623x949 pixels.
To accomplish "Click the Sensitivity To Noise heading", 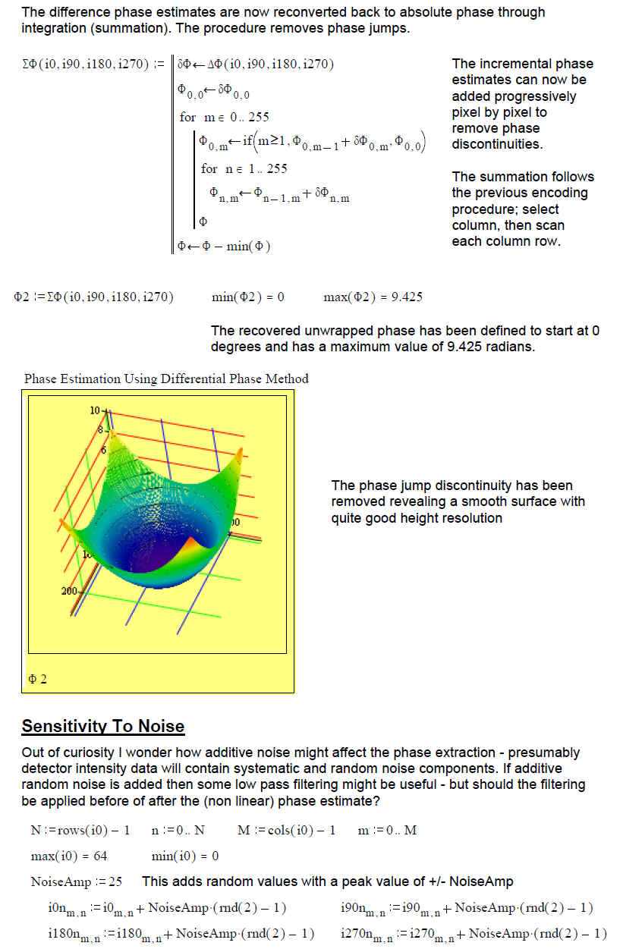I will [103, 726].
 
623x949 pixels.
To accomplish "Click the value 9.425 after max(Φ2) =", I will [406, 297].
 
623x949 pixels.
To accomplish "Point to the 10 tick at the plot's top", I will [95, 410].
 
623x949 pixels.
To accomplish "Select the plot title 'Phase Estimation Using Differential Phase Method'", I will [166, 379].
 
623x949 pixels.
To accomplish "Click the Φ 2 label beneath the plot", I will [37, 679].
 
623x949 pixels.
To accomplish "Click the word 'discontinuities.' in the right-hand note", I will [497, 144].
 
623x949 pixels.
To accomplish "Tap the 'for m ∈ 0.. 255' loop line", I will [224, 117].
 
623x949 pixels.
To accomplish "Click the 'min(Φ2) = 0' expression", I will [248, 297].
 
